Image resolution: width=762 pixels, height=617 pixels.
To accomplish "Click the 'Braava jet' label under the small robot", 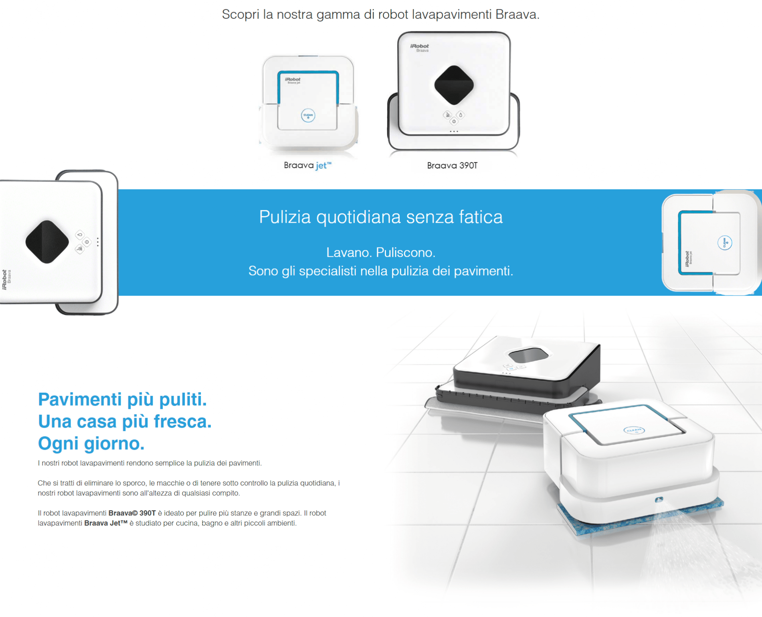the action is (307, 165).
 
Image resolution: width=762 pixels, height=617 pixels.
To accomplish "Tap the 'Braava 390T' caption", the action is (452, 166).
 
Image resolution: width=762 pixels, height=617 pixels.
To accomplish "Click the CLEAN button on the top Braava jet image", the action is (308, 116).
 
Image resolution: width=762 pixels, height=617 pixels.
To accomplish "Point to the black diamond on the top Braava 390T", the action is (454, 85).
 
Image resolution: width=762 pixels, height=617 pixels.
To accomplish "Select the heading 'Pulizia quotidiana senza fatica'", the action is (381, 217).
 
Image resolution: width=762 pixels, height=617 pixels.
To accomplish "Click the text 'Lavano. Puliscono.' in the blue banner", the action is (381, 252).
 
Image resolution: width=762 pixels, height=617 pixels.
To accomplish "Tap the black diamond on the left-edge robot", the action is (47, 242).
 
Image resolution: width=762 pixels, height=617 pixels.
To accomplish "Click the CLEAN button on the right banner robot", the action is (724, 243).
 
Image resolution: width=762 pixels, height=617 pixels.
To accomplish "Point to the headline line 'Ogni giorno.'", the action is (91, 443).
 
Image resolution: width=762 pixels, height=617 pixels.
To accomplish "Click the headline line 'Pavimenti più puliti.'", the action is (122, 399).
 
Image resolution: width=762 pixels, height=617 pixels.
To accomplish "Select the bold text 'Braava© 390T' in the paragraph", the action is (132, 513).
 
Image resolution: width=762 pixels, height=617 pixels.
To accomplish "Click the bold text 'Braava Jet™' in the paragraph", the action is (106, 523).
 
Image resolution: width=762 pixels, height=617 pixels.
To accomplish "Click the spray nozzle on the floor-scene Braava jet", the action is (659, 499).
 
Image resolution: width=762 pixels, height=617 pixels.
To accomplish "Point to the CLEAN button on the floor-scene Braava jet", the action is (634, 430).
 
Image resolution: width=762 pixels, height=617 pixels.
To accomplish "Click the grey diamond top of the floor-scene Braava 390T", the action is (528, 355).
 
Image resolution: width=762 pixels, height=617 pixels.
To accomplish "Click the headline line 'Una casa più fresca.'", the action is (125, 421).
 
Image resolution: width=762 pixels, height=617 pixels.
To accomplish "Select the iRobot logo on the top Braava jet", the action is (293, 79).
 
